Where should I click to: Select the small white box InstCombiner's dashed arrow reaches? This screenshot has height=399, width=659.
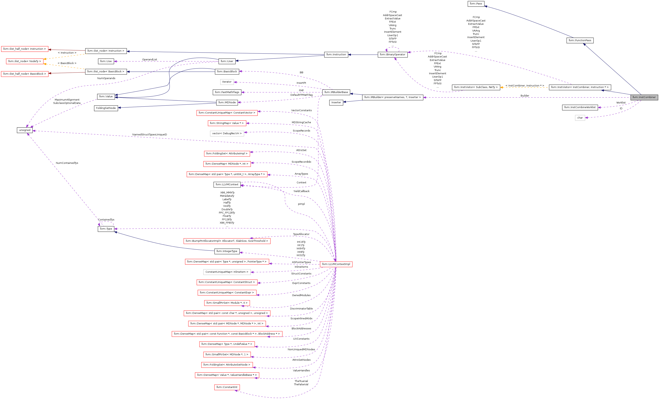[580, 118]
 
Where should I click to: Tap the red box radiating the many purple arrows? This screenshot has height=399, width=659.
[336, 264]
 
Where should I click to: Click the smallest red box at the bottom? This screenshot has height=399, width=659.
[227, 388]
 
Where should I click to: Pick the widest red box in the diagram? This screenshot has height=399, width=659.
[227, 334]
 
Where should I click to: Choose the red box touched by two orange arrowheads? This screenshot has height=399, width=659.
[25, 61]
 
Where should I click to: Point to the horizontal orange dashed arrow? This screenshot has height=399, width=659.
[524, 87]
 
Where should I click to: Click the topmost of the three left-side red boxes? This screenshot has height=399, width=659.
[25, 49]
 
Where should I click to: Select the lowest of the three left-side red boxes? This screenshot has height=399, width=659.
[25, 74]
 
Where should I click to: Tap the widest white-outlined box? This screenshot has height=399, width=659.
[227, 272]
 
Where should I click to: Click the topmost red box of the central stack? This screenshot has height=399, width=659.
[227, 113]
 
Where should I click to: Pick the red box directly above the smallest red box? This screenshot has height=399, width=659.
[227, 375]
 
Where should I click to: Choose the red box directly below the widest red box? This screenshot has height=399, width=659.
[227, 344]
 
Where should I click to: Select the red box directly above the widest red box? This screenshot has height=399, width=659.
[227, 324]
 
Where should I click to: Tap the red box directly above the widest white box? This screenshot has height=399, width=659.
[227, 262]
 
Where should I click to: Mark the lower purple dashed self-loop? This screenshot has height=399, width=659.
[106, 223]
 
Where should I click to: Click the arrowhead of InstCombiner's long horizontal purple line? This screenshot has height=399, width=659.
[424, 97]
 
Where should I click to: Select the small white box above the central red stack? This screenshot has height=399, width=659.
[227, 82]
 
